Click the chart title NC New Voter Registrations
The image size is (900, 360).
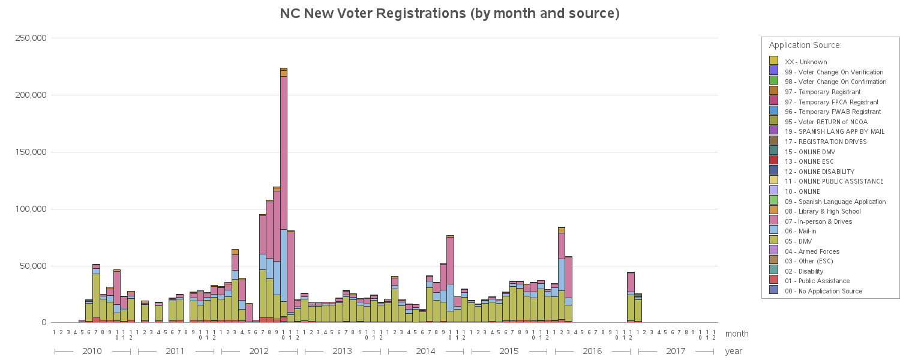450,14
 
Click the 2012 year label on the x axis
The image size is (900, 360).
259,351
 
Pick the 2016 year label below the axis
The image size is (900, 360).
592,351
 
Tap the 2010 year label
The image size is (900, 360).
92,351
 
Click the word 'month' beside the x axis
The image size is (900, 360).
737,334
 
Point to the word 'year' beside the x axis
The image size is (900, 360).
734,351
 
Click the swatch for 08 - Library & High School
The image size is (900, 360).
773,211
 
